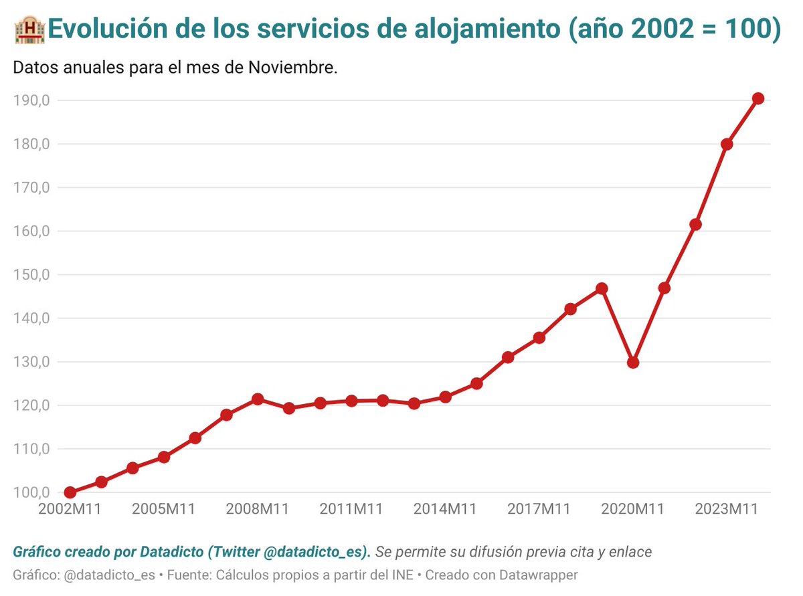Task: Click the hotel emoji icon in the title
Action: tap(28, 30)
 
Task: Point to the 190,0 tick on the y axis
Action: tap(32, 100)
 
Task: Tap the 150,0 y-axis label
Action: tap(32, 274)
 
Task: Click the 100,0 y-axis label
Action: tap(32, 492)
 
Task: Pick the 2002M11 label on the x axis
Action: tap(70, 509)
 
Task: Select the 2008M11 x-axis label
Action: tap(257, 509)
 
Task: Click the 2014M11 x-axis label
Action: tap(445, 509)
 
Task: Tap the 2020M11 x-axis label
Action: tap(633, 509)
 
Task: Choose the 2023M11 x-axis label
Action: tap(727, 509)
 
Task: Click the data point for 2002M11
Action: tap(70, 492)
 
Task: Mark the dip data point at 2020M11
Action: tap(633, 363)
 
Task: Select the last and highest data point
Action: tap(758, 98)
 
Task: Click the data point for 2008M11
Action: tap(258, 399)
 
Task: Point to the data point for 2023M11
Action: tap(727, 144)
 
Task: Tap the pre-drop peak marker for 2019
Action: tap(602, 288)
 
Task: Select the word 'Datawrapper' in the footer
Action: tap(539, 575)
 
